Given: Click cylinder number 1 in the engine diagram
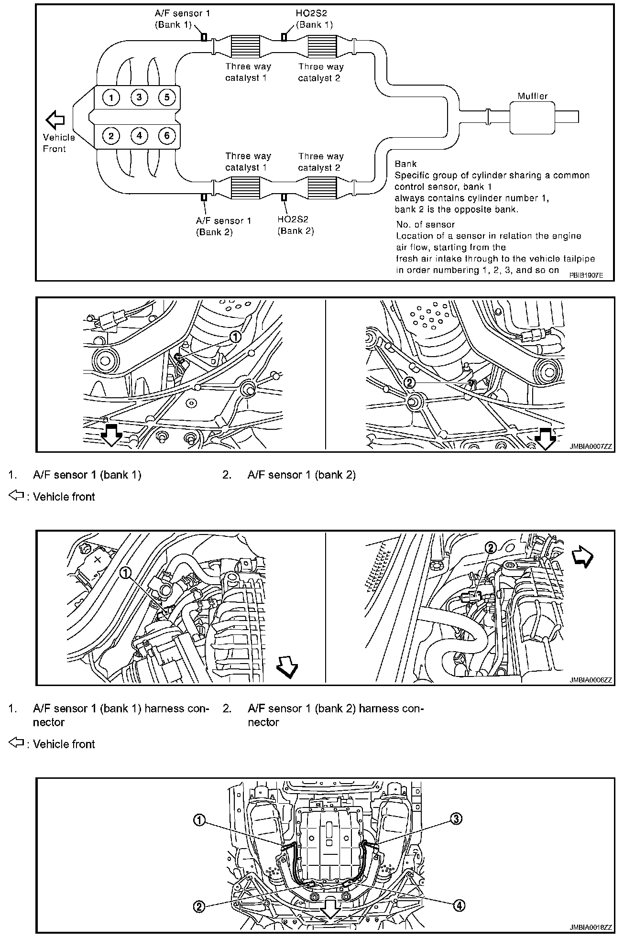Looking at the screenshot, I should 111,98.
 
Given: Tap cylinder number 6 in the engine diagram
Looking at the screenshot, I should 167,136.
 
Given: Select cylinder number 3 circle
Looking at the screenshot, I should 139,98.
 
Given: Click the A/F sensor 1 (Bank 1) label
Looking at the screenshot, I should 182,19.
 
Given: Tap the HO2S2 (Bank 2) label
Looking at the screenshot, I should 296,225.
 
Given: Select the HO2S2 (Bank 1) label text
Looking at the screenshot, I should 314,19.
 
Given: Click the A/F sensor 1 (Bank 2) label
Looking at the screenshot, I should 223,226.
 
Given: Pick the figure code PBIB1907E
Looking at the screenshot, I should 586,275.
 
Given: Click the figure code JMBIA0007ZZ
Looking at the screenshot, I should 591,447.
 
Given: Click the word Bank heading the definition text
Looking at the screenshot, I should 405,164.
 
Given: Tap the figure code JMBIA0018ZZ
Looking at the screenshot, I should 591,927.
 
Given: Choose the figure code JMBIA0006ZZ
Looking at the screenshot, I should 591,680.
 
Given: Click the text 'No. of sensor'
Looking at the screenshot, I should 426,225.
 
